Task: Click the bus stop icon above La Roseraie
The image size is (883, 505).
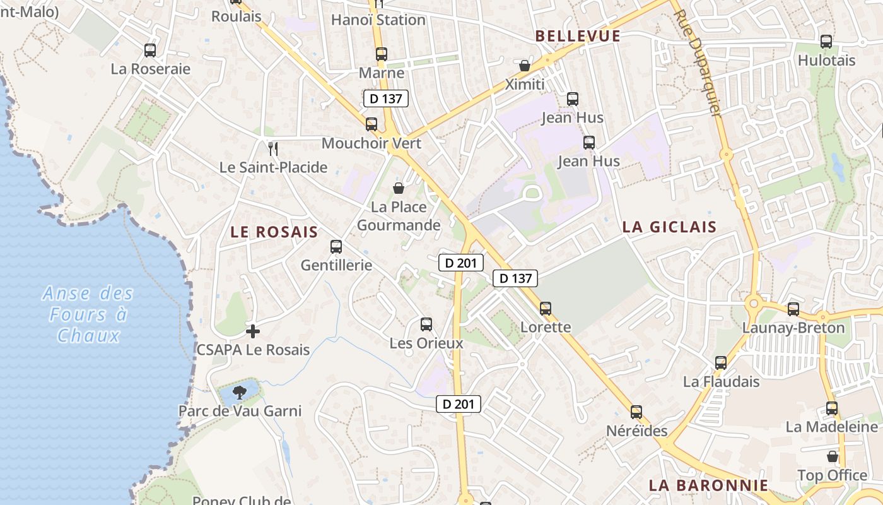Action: [x=150, y=50]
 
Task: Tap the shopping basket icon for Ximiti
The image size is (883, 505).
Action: [x=524, y=66]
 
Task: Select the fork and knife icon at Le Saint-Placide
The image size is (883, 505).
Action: [x=273, y=149]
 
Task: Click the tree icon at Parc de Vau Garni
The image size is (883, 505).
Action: [x=239, y=393]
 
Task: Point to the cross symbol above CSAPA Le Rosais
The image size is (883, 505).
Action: [x=253, y=331]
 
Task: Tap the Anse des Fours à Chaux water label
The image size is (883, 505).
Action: [x=88, y=314]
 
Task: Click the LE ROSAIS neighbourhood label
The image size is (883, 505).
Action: [x=274, y=232]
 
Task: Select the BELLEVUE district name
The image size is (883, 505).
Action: [x=578, y=36]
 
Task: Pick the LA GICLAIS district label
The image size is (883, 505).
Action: [x=669, y=227]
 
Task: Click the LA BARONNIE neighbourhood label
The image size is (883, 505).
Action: [x=708, y=485]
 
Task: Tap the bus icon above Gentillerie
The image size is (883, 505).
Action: [x=336, y=247]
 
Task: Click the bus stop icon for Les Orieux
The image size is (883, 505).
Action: [x=426, y=324]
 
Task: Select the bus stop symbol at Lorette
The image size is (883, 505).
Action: [x=546, y=309]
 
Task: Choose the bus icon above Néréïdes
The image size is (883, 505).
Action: [x=636, y=412]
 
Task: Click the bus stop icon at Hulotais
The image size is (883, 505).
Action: [x=826, y=42]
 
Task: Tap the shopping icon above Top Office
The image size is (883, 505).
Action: [x=833, y=456]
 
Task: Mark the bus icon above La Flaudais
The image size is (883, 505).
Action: [x=721, y=363]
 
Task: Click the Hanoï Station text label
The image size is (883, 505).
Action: [x=378, y=20]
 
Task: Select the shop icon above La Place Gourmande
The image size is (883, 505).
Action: [x=399, y=187]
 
